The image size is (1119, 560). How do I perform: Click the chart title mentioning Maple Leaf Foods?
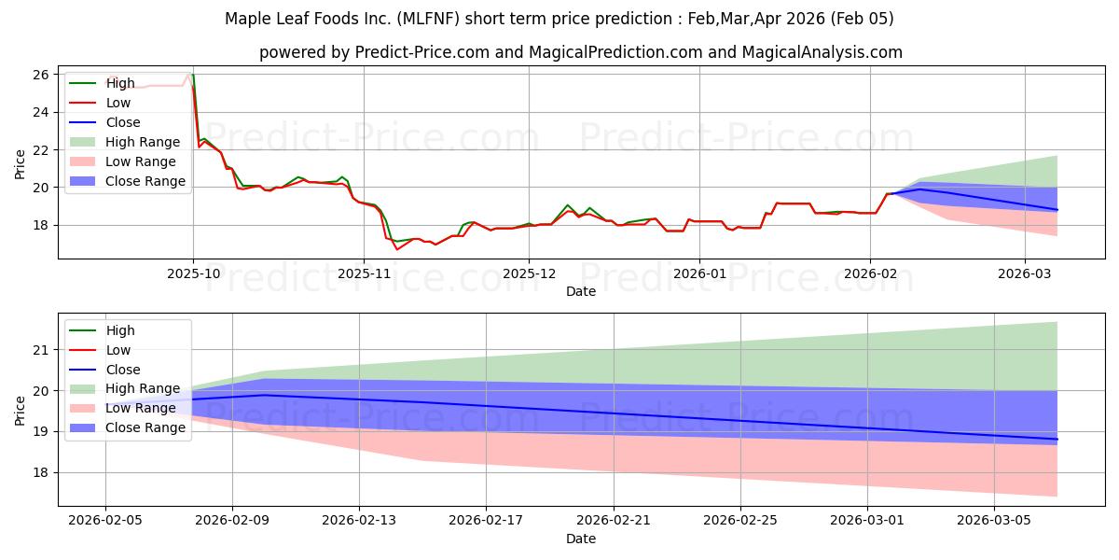[x=559, y=19]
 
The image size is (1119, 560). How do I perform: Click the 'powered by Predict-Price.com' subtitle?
[x=580, y=52]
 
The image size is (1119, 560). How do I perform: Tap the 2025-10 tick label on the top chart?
[x=193, y=273]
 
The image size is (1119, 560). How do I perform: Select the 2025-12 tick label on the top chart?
[x=529, y=273]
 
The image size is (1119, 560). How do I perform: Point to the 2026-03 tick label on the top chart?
[x=1024, y=273]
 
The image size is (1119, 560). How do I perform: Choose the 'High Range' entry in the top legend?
[x=143, y=142]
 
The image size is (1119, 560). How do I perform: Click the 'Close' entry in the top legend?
[x=123, y=122]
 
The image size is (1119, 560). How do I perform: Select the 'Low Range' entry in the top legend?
[x=141, y=161]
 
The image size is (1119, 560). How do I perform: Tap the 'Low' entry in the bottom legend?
[x=118, y=350]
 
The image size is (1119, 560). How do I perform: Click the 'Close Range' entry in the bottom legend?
[x=145, y=427]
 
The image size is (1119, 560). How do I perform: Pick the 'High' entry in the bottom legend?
[x=120, y=330]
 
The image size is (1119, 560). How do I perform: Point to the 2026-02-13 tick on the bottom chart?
[x=359, y=520]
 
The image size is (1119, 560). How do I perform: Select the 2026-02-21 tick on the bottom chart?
[x=614, y=520]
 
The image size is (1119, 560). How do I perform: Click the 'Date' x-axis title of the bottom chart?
[x=580, y=539]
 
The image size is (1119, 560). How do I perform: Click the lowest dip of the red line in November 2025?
[x=397, y=249]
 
